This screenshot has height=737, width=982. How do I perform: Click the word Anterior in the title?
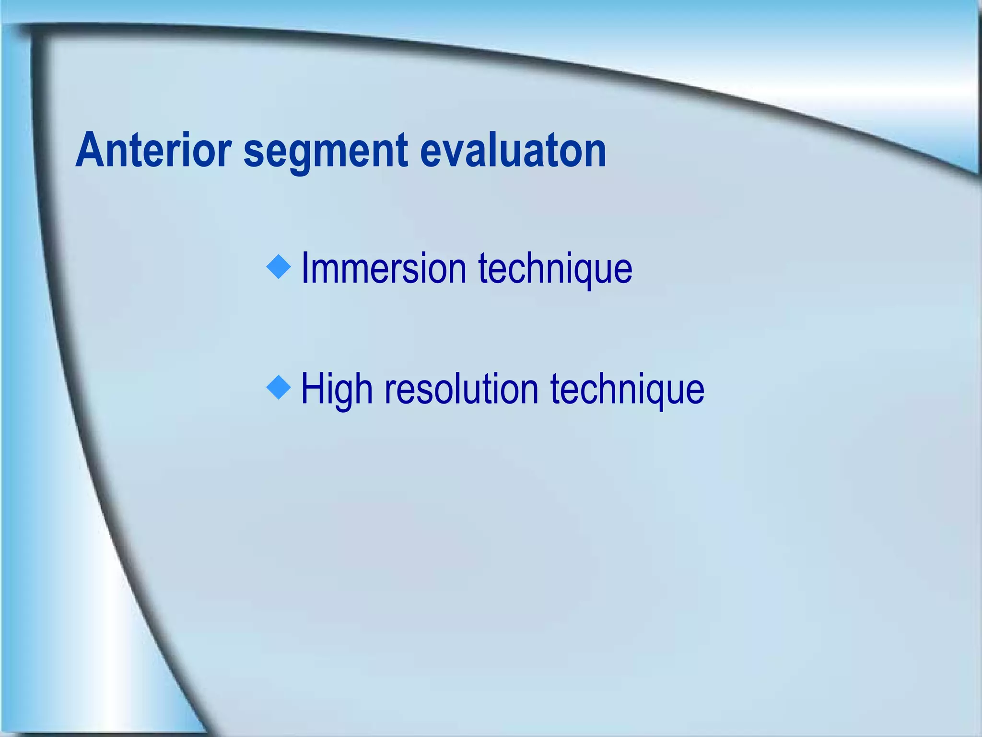click(x=153, y=151)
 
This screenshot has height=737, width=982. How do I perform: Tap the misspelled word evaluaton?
click(x=513, y=151)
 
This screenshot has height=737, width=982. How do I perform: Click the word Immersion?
click(x=384, y=268)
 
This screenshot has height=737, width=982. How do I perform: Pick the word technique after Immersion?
click(x=555, y=268)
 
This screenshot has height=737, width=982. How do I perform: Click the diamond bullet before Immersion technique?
click(x=279, y=267)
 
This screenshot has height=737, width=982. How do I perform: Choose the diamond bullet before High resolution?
click(x=279, y=388)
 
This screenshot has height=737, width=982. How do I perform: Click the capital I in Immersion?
click(x=305, y=268)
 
